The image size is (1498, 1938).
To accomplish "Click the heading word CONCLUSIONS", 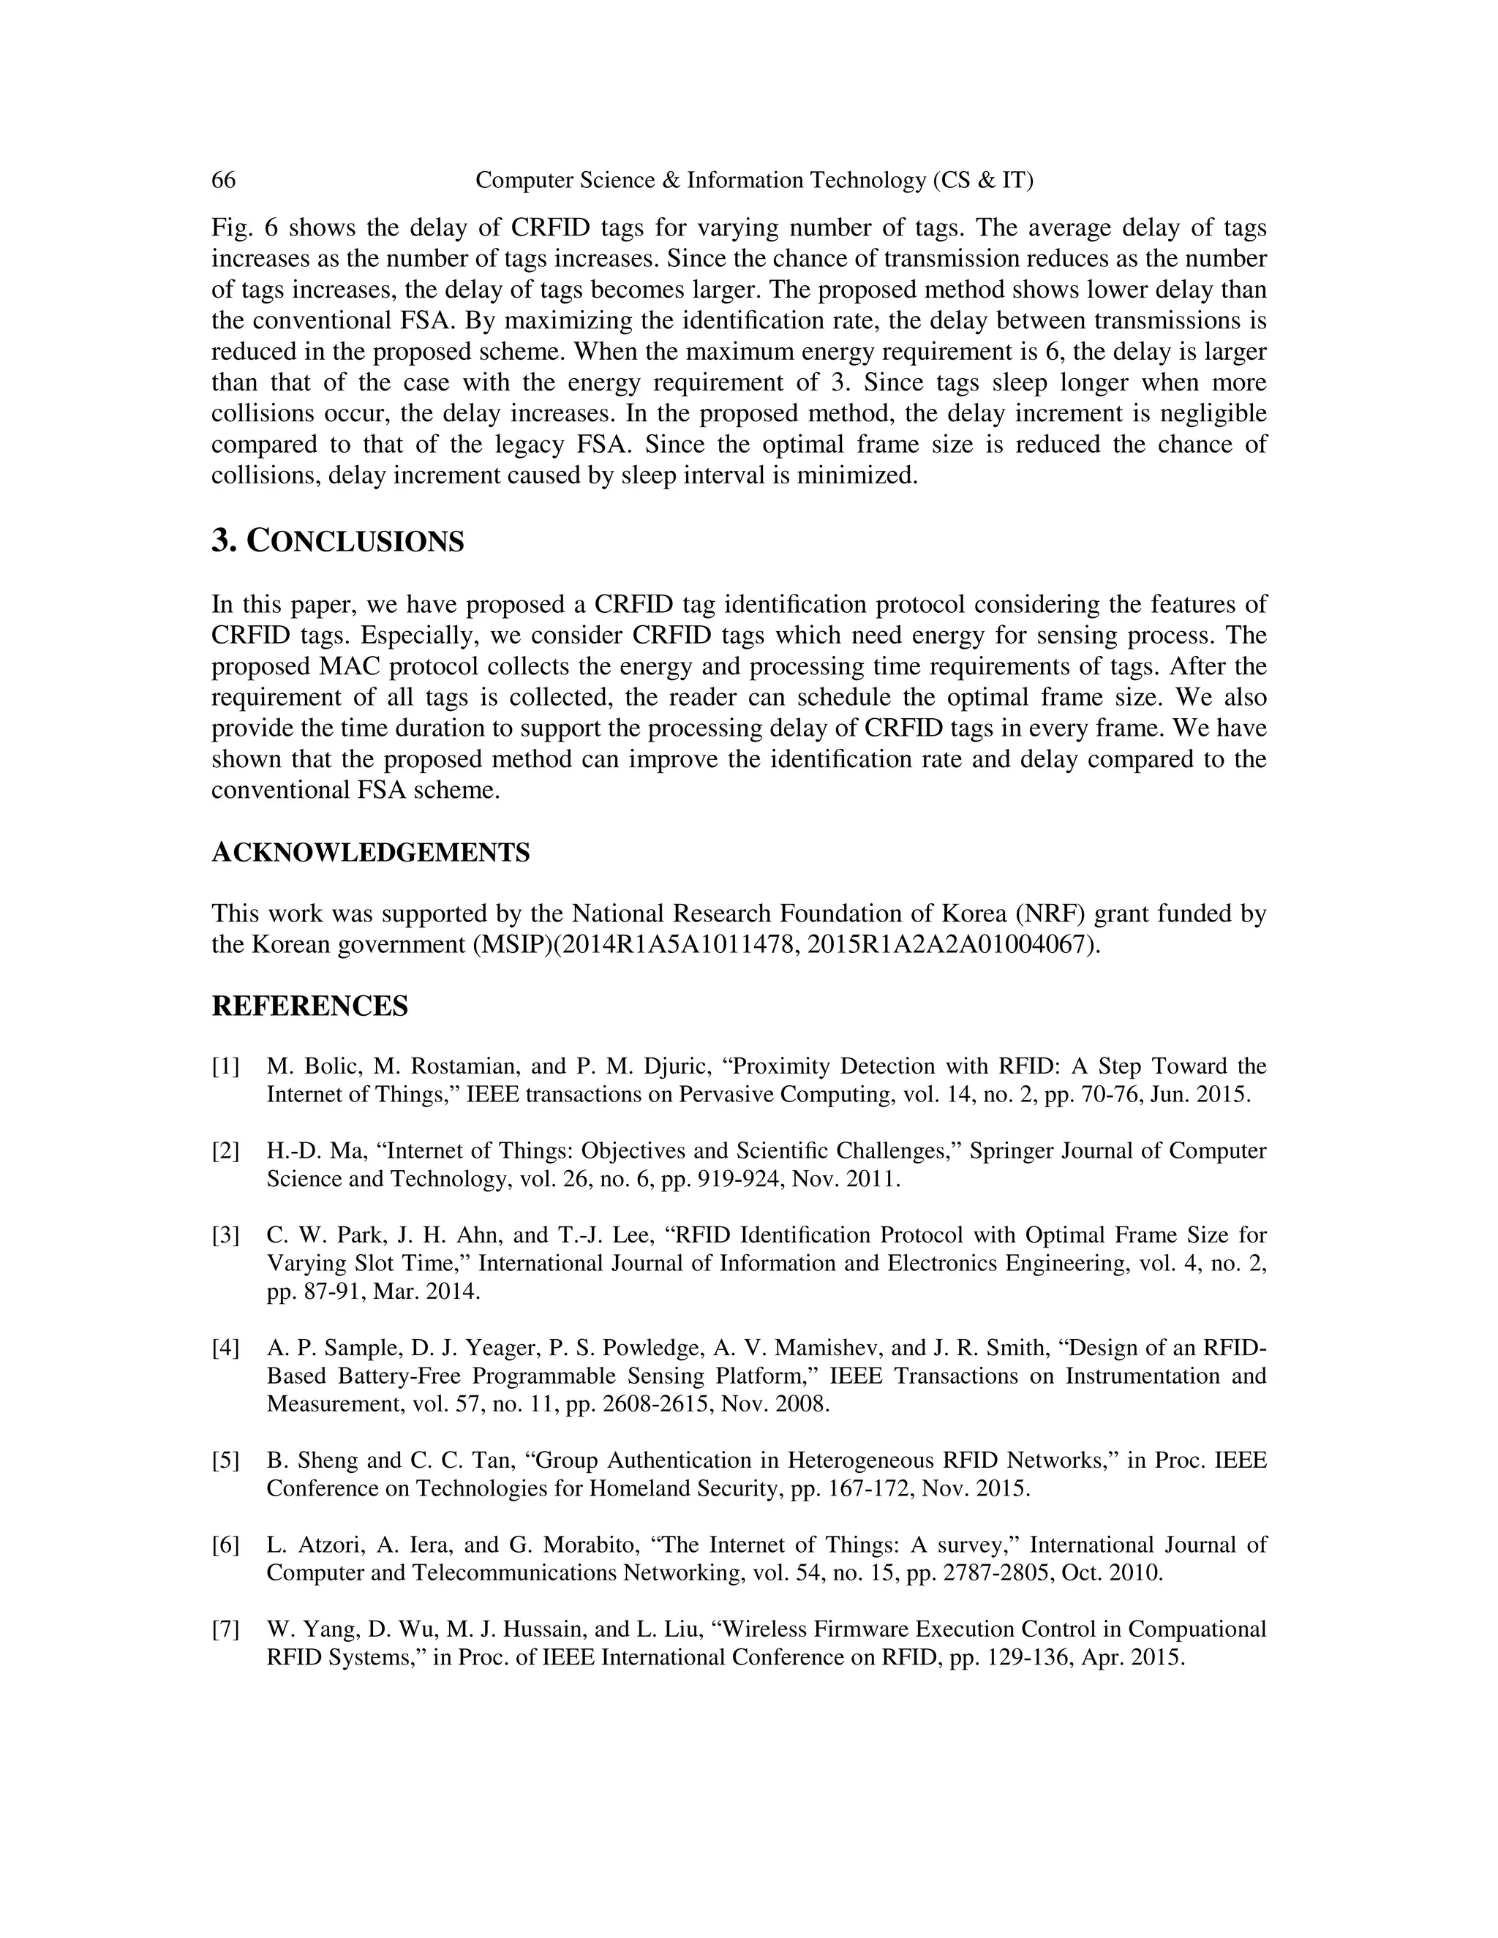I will coord(354,541).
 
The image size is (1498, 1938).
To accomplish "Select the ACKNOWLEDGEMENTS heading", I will coord(370,853).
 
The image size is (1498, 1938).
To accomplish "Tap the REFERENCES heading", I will coord(309,1006).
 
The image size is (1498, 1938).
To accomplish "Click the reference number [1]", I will coord(225,1066).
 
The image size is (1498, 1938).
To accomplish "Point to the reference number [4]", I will coord(225,1349).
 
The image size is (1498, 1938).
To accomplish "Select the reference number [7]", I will coord(225,1630).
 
